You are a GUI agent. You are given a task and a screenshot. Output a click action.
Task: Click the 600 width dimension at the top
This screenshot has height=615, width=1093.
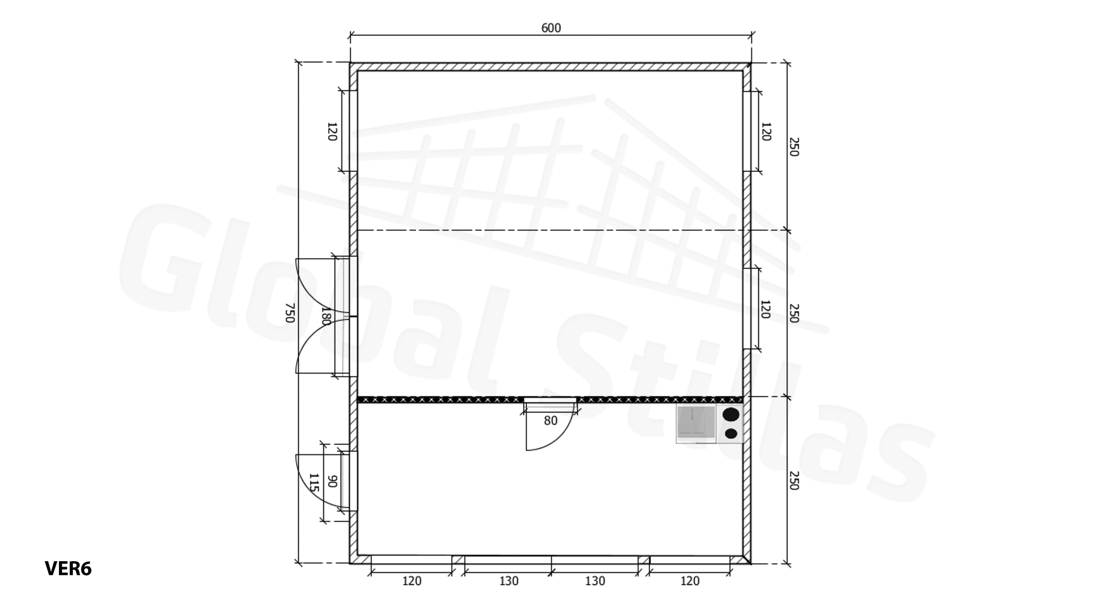[551, 28]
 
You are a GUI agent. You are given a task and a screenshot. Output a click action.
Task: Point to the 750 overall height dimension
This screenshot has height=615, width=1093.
[290, 313]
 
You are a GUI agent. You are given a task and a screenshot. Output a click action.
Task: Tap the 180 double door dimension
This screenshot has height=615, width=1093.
[326, 316]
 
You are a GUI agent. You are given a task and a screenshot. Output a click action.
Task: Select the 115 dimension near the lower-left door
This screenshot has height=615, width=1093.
[314, 483]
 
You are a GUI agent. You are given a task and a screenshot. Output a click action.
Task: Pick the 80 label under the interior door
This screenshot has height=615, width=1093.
[551, 421]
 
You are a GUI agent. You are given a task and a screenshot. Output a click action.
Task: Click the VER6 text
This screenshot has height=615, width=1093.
[68, 569]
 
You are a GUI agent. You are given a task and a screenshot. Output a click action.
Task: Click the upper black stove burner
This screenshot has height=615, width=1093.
[731, 414]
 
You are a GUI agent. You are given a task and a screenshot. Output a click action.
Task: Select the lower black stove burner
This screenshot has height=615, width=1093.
[731, 433]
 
